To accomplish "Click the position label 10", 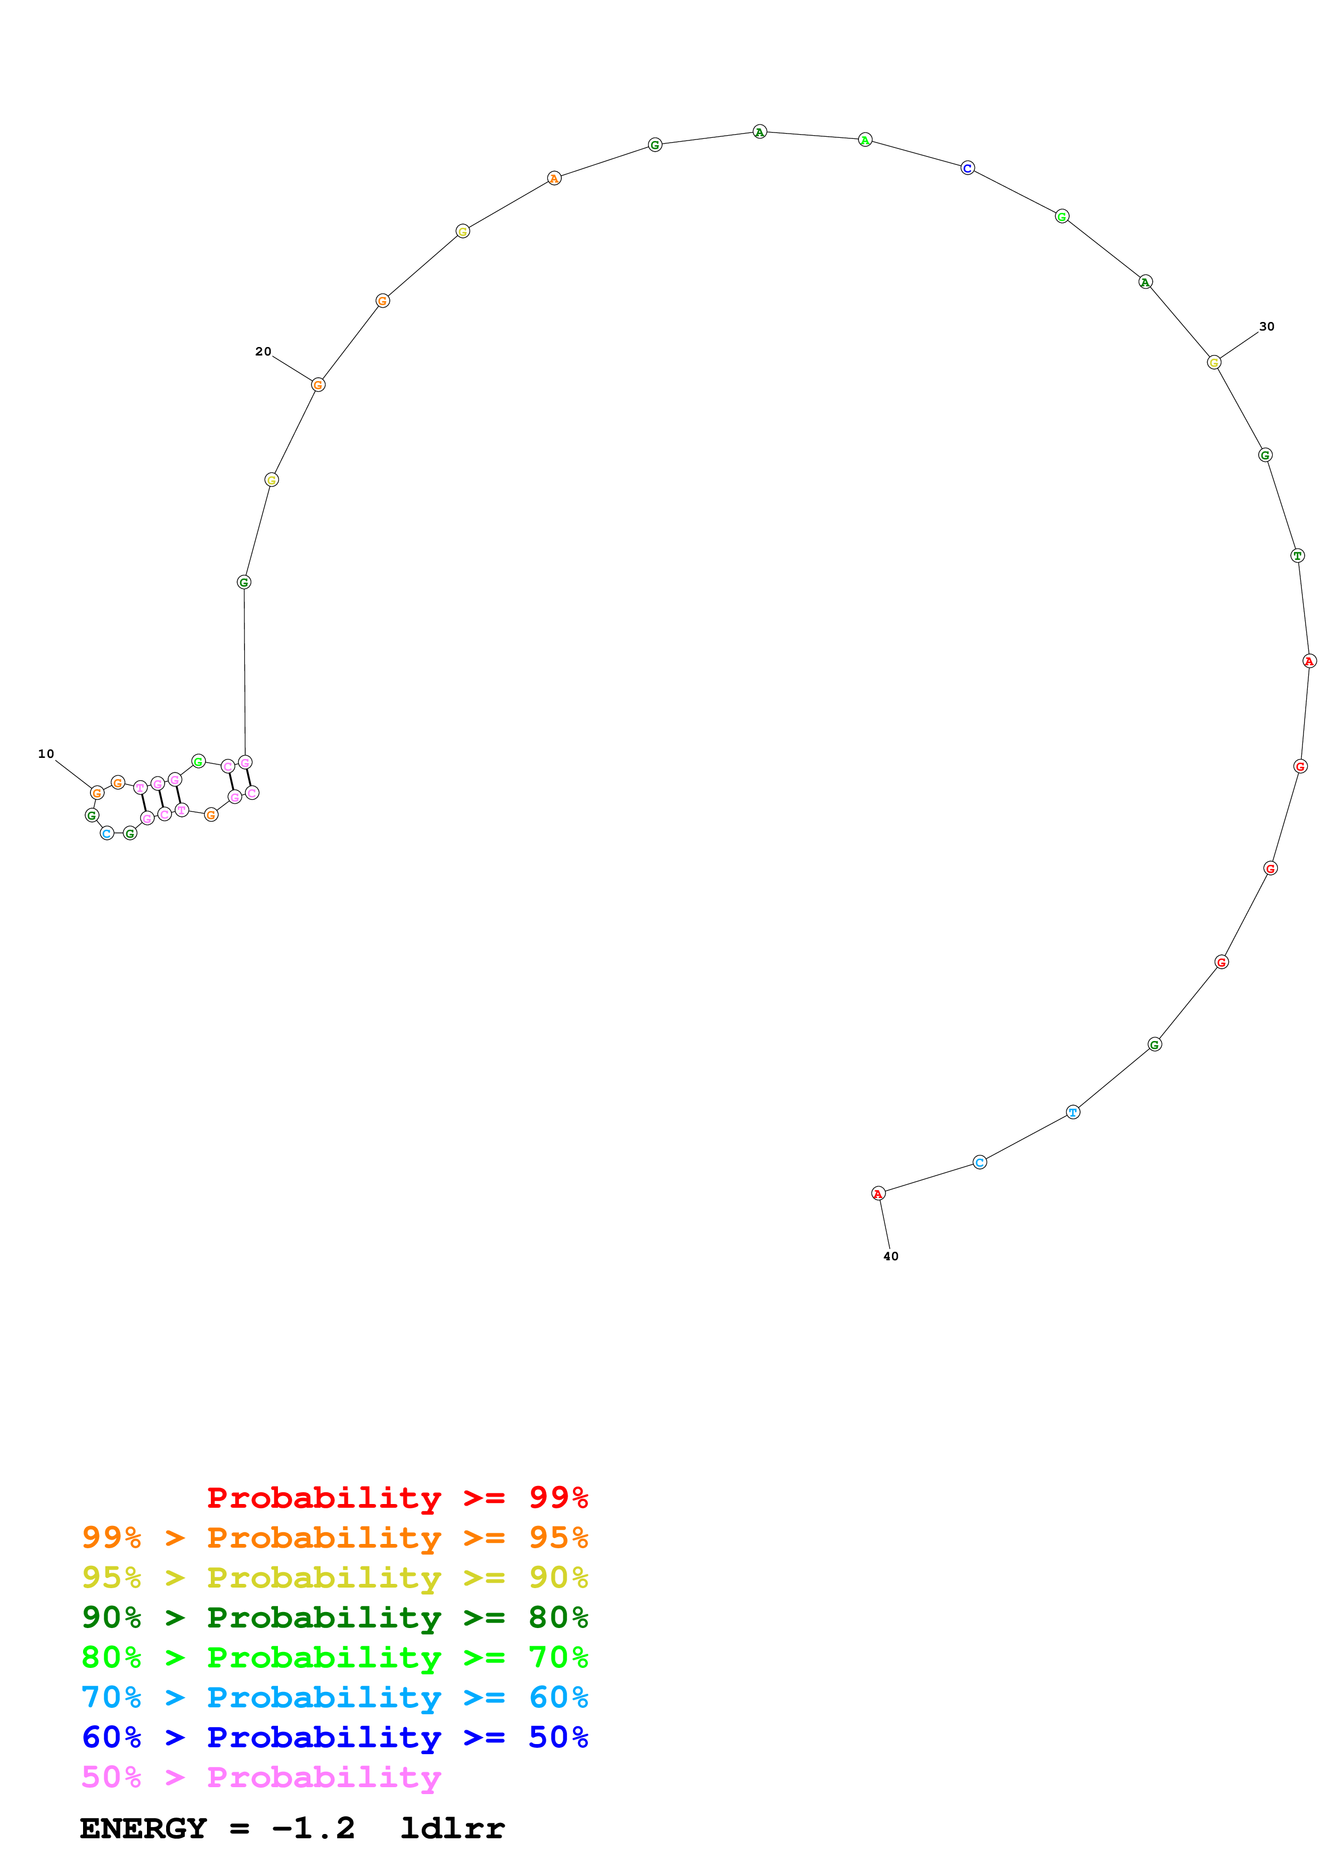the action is (46, 754).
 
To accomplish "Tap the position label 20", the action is (263, 351).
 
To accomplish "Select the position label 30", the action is (1266, 326).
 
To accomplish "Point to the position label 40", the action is (891, 1257).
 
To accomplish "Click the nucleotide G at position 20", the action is (318, 385).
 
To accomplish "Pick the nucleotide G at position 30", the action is (1214, 362).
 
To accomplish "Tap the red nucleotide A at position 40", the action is (878, 1194).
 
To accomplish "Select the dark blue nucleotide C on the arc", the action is (967, 168).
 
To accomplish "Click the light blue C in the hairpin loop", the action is (106, 833).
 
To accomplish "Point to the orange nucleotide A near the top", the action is (554, 179).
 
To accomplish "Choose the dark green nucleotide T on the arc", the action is (1297, 556).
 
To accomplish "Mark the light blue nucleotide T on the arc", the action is (1073, 1112).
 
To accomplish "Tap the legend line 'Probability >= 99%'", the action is (397, 1498).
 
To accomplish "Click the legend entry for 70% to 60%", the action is (334, 1698).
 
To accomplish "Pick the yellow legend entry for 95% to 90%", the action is (334, 1577).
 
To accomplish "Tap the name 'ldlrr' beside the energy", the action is (452, 1829).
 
